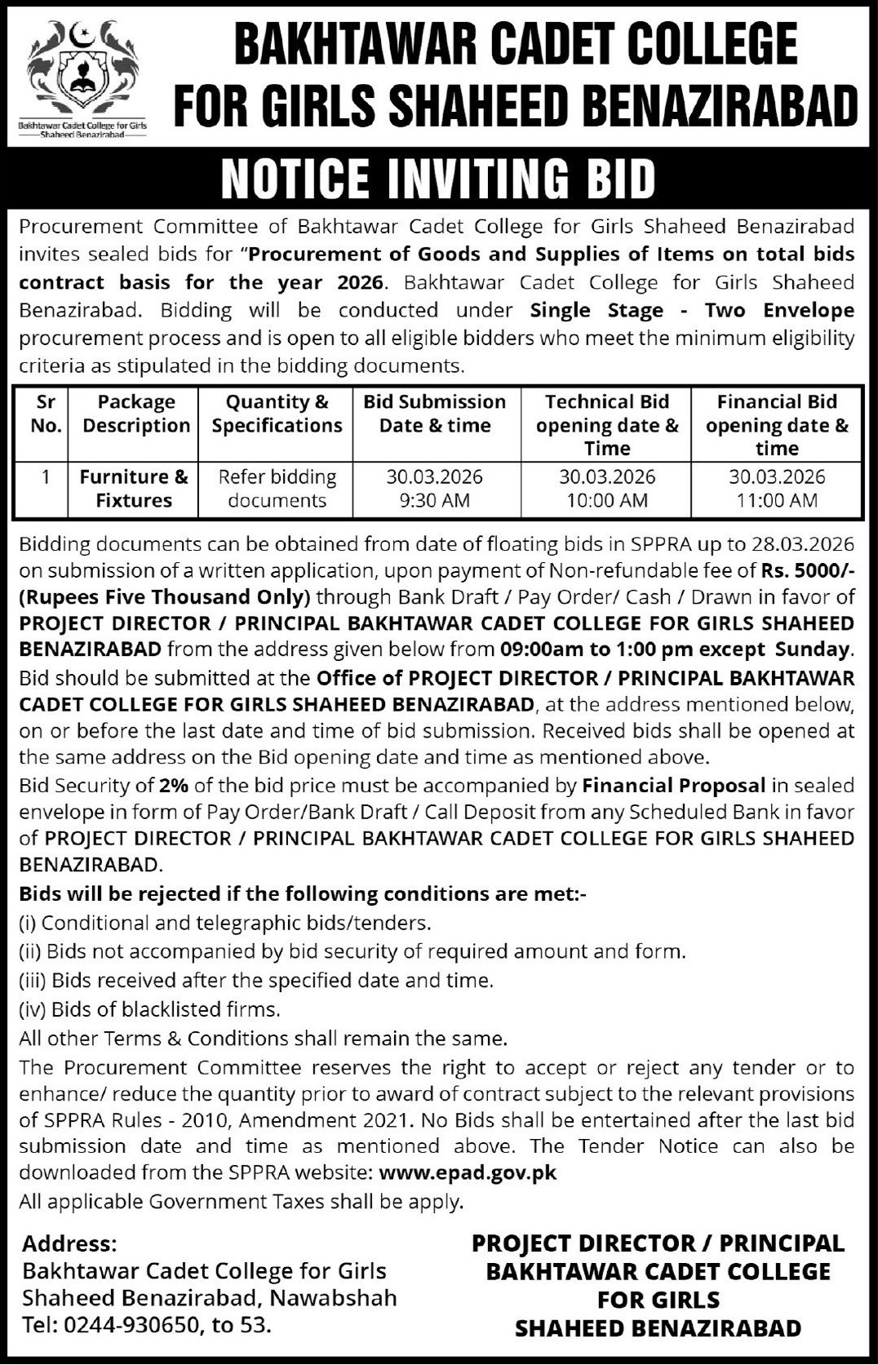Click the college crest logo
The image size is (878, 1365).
[82, 73]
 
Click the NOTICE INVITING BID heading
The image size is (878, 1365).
[438, 178]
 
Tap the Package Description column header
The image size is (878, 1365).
[135, 414]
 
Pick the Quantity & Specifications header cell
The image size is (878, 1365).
[277, 414]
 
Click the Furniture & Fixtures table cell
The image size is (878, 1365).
[134, 489]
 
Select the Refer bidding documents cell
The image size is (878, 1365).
[277, 489]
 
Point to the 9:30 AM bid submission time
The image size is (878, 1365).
[434, 500]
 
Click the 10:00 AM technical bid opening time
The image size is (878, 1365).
[606, 500]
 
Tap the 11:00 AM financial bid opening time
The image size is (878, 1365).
[776, 500]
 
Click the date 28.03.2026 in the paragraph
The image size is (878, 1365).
[805, 543]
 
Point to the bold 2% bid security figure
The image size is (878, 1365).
[172, 786]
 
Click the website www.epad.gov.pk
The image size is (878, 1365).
[468, 1173]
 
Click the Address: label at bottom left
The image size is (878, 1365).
[69, 1243]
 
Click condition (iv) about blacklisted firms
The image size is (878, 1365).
[149, 1009]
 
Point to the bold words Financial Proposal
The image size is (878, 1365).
[673, 786]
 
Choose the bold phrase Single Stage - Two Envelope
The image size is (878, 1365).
[692, 310]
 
